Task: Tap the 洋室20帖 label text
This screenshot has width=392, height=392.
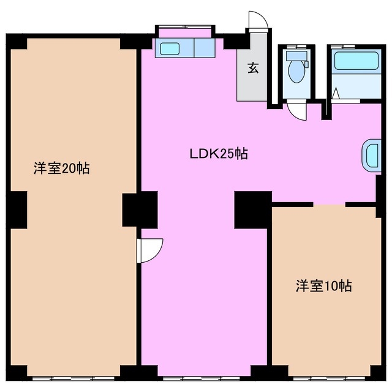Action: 61,168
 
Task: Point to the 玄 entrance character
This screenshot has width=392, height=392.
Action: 252,68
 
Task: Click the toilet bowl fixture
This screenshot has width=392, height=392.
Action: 296,71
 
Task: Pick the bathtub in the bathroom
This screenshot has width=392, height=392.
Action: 355,62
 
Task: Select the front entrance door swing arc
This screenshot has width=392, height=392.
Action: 257,20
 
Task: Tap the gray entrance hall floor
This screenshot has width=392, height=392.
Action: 252,83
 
